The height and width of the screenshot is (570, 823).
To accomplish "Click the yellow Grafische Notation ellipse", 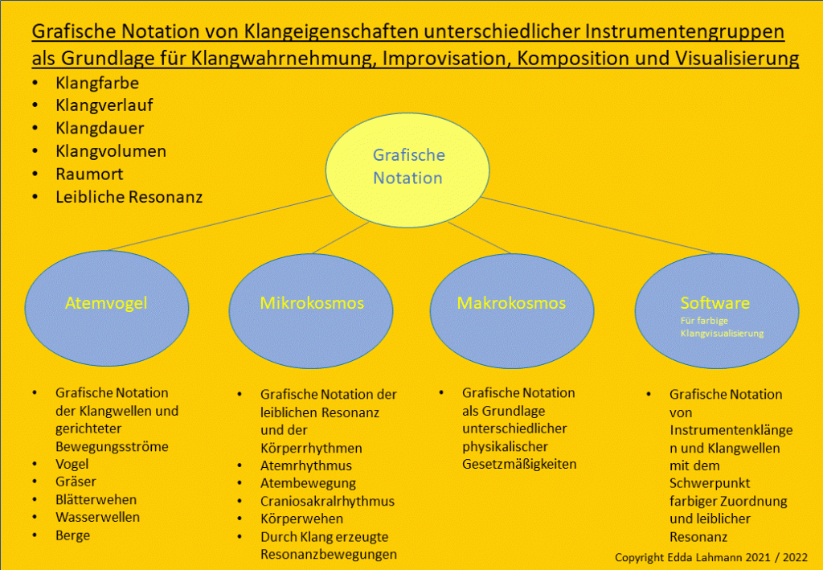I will coord(407,166).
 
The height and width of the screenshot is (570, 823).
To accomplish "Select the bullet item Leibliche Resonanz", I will coord(129,196).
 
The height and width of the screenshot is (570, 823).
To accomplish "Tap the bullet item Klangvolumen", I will coord(111,151).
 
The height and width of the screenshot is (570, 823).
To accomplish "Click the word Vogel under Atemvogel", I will coord(72,464).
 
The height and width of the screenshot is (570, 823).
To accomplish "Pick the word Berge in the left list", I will coord(72,535).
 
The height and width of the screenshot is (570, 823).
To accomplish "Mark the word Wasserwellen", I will coord(97,517).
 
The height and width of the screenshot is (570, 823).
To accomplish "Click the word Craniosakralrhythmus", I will coord(327,501).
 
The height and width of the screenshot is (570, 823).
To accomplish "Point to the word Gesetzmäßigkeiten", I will coord(519,464).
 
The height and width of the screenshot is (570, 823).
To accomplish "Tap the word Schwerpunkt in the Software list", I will coord(709,483).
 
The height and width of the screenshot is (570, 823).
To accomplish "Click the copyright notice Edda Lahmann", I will coord(710,557).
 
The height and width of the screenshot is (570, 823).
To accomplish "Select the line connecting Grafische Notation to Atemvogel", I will coord(217,223).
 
